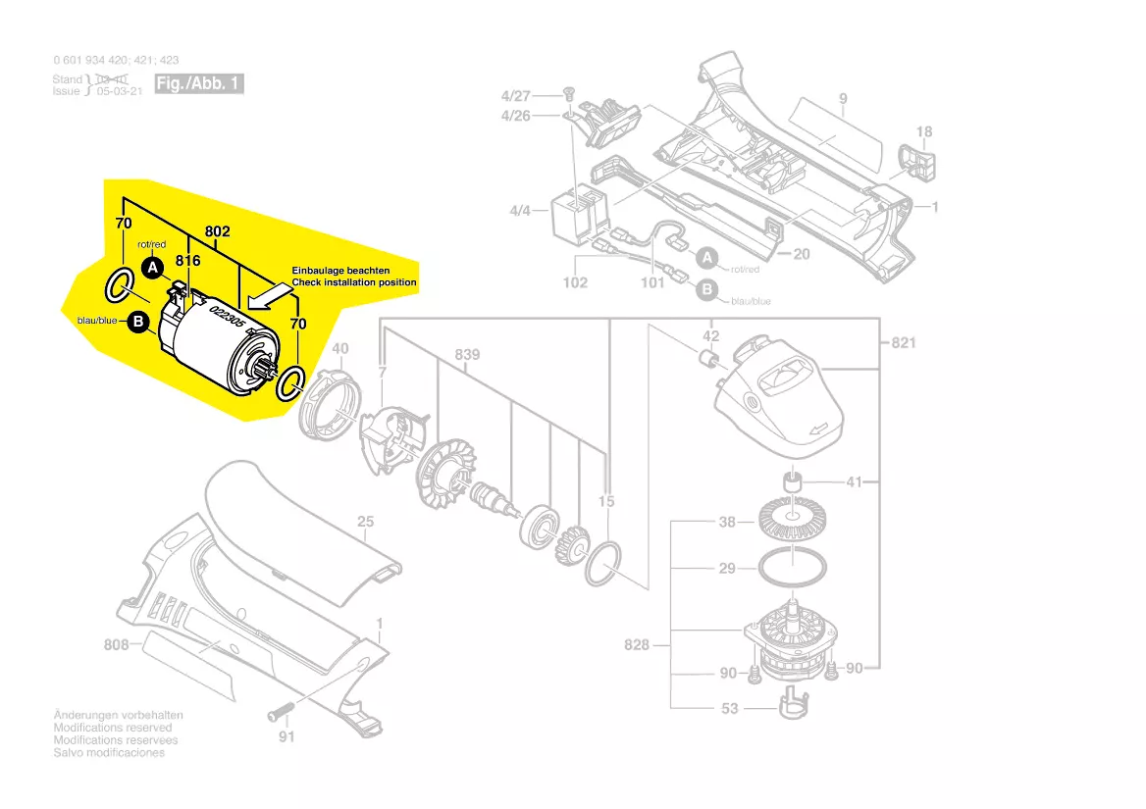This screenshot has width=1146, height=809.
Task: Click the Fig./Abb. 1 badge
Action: [199, 83]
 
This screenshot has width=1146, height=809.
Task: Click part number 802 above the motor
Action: [217, 231]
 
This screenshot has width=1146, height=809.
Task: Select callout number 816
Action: [187, 261]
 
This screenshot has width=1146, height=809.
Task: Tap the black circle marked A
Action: [151, 266]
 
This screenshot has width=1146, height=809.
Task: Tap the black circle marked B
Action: [138, 321]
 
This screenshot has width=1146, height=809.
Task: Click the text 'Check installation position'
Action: [354, 282]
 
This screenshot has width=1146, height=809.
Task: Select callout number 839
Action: [467, 354]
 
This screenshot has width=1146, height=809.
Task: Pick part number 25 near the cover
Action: [365, 522]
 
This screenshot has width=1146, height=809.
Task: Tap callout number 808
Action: [117, 645]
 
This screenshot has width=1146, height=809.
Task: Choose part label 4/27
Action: [515, 96]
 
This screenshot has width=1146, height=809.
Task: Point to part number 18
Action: [924, 131]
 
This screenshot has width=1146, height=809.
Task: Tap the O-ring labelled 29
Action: [791, 568]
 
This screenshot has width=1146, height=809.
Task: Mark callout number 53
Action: [730, 709]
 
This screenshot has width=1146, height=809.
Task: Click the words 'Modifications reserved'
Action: [113, 728]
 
